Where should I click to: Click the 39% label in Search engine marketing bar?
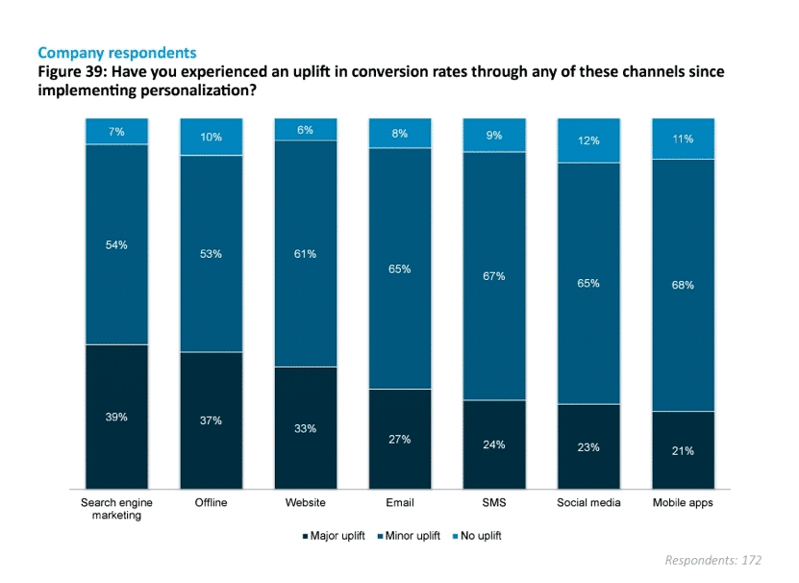[x=116, y=417]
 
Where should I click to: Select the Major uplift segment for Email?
[x=400, y=439]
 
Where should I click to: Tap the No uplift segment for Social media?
[x=588, y=140]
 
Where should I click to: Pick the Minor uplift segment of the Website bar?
[x=306, y=253]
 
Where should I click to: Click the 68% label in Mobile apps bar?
[x=683, y=285]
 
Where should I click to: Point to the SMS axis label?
[x=494, y=502]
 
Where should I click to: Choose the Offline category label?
[x=211, y=502]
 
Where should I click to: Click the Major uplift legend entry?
[x=336, y=536]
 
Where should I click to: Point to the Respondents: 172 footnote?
[x=712, y=560]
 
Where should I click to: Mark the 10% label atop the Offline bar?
[x=211, y=137]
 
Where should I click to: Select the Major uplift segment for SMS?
[x=494, y=444]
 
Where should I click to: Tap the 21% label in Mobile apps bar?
[x=683, y=450]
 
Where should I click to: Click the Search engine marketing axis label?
[x=116, y=508]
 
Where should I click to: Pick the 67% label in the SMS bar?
[x=494, y=276]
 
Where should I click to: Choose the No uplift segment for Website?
[x=306, y=129]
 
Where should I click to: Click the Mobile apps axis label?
[x=683, y=502]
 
